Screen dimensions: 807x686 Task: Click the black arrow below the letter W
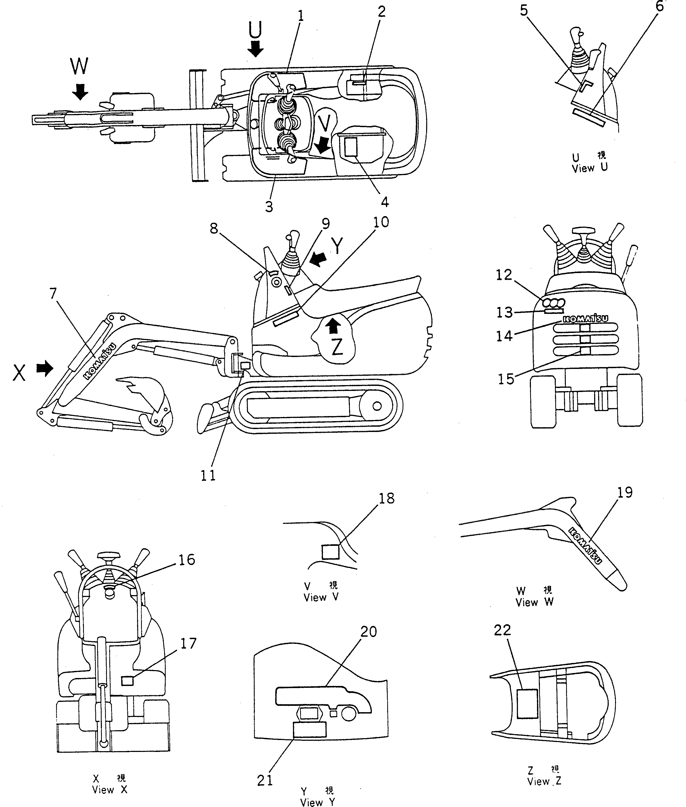(x=80, y=92)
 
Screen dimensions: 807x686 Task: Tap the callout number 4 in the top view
(x=384, y=202)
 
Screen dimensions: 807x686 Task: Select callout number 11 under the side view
(x=208, y=475)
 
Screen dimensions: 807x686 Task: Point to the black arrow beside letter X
(x=45, y=368)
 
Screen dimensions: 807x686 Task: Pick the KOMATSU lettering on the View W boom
(x=585, y=546)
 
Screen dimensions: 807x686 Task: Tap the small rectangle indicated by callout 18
(x=331, y=552)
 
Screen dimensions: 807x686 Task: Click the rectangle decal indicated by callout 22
(x=527, y=703)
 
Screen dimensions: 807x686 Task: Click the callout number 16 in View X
(x=186, y=560)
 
